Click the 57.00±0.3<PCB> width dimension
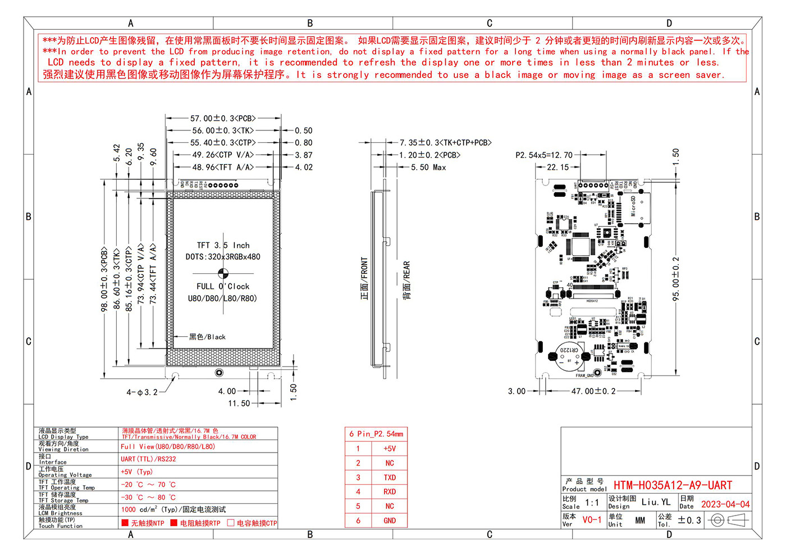(223, 119)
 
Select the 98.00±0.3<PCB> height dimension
(104, 279)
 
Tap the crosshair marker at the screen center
(223, 273)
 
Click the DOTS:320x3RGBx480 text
(223, 257)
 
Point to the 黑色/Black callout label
(207, 337)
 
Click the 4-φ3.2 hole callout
(142, 392)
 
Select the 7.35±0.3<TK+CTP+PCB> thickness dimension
(445, 143)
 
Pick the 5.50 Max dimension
(428, 168)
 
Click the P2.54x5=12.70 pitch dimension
(544, 155)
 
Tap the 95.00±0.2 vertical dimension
(676, 279)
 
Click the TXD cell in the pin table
(390, 477)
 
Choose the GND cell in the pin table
(390, 521)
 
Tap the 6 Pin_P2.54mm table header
(376, 434)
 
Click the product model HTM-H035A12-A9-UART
(673, 485)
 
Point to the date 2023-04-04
(725, 504)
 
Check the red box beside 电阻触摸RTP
(174, 523)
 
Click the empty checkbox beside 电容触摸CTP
(231, 523)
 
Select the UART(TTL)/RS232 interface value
(148, 459)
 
